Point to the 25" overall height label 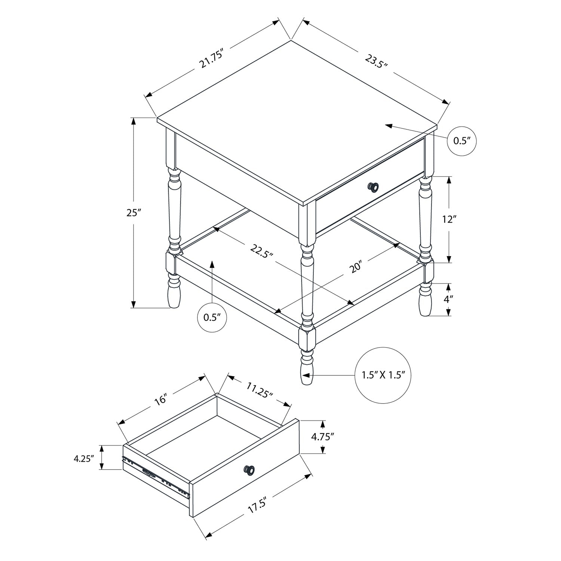pyautogui.click(x=133, y=213)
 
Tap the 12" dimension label pyautogui.click(x=450, y=219)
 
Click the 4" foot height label pyautogui.click(x=449, y=299)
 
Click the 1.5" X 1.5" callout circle pyautogui.click(x=383, y=375)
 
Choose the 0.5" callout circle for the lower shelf pyautogui.click(x=212, y=318)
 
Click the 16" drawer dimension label pyautogui.click(x=160, y=400)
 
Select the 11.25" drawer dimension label pyautogui.click(x=260, y=390)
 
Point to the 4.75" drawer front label pyautogui.click(x=322, y=436)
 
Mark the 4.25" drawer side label pyautogui.click(x=83, y=458)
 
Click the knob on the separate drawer pyautogui.click(x=249, y=469)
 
